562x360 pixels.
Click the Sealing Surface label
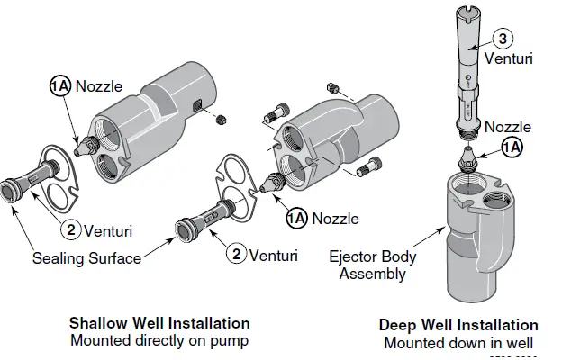pos(86,258)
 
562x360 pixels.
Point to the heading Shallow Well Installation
pos(159,323)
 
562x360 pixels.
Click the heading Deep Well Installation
pos(458,325)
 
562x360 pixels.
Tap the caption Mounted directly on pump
pos(159,340)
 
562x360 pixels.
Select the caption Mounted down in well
pos(458,342)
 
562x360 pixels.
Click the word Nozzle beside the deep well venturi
pos(508,127)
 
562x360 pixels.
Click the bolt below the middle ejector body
pos(370,168)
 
